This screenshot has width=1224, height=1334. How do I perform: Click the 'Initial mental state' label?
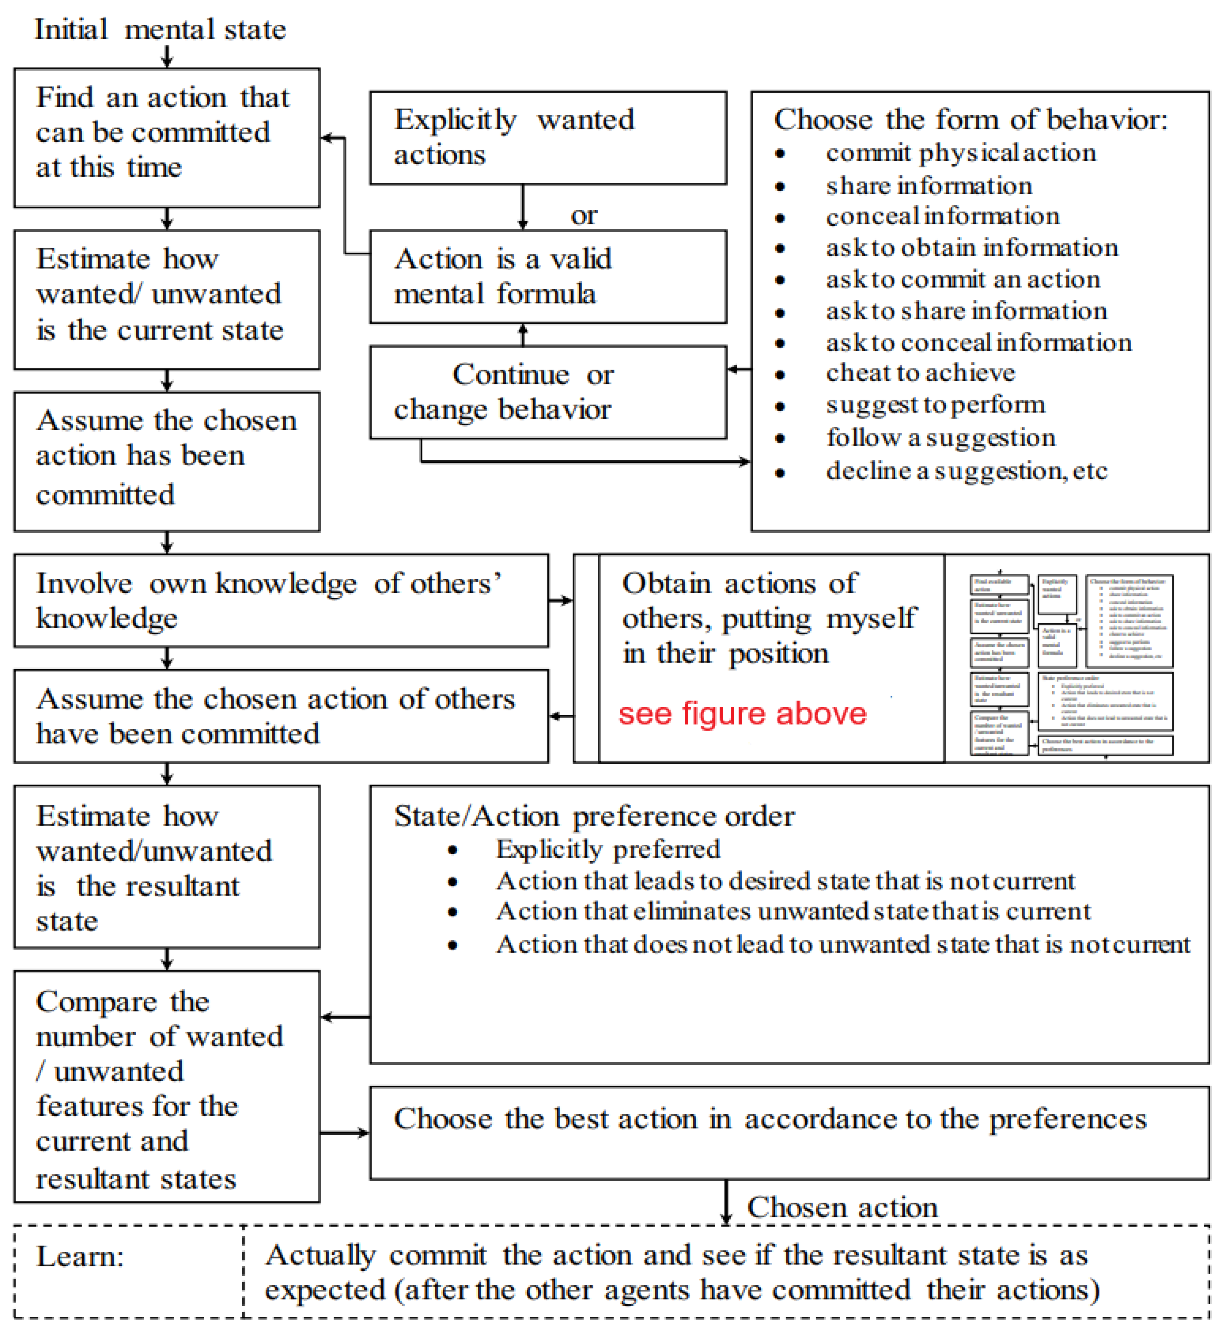click(160, 30)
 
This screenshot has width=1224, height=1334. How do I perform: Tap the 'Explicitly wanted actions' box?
click(548, 137)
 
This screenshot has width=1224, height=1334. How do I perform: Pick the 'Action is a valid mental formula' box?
click(548, 276)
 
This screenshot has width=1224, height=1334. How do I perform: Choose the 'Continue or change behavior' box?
click(548, 392)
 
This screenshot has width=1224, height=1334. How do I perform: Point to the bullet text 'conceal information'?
click(943, 216)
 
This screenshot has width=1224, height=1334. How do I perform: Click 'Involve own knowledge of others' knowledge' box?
click(281, 600)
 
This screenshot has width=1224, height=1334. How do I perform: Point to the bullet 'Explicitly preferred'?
click(607, 849)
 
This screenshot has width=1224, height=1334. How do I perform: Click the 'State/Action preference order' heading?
click(594, 816)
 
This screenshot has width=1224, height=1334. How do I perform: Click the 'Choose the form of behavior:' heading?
click(970, 120)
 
